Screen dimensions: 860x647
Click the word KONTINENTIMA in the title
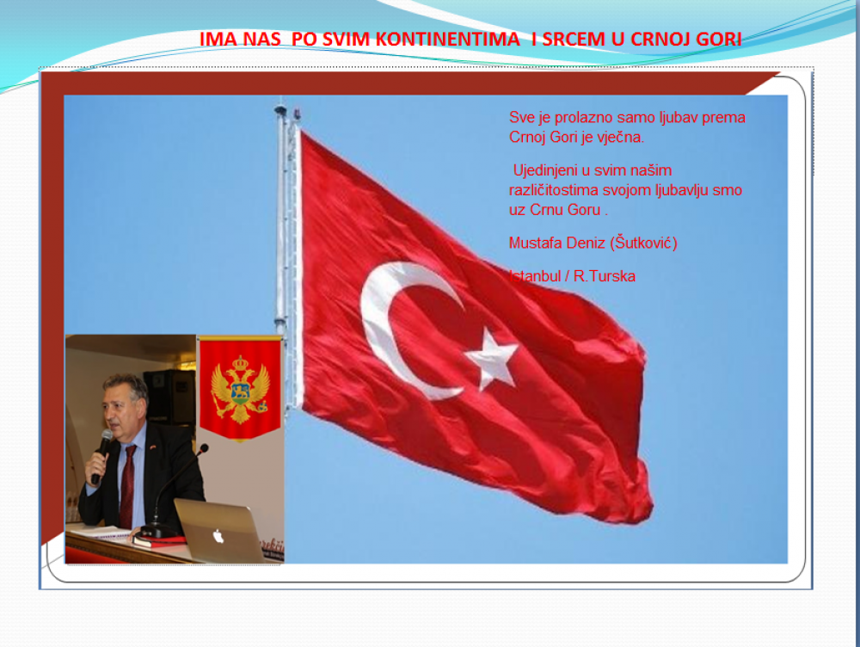[x=447, y=39]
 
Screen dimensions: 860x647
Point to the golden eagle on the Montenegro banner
[x=240, y=389]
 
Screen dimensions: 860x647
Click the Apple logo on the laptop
[x=218, y=536]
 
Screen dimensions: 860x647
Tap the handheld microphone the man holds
[x=101, y=455]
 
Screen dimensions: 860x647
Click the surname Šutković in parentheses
[x=644, y=243]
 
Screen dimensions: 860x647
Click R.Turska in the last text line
[x=604, y=276]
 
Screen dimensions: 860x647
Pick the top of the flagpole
[x=281, y=108]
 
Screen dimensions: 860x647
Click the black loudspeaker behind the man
[x=170, y=397]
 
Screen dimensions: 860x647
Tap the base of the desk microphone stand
[x=157, y=531]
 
